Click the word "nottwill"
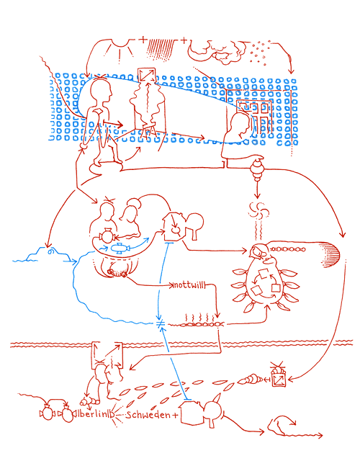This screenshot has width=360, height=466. [x=189, y=285]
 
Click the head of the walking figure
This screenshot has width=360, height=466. [x=102, y=92]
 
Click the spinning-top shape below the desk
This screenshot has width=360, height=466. [x=257, y=171]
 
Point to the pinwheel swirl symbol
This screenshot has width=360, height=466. [x=257, y=210]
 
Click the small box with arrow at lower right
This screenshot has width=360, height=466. [x=278, y=375]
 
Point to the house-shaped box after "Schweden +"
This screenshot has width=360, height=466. [x=189, y=413]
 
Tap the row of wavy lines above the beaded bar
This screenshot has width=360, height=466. [x=202, y=316]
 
